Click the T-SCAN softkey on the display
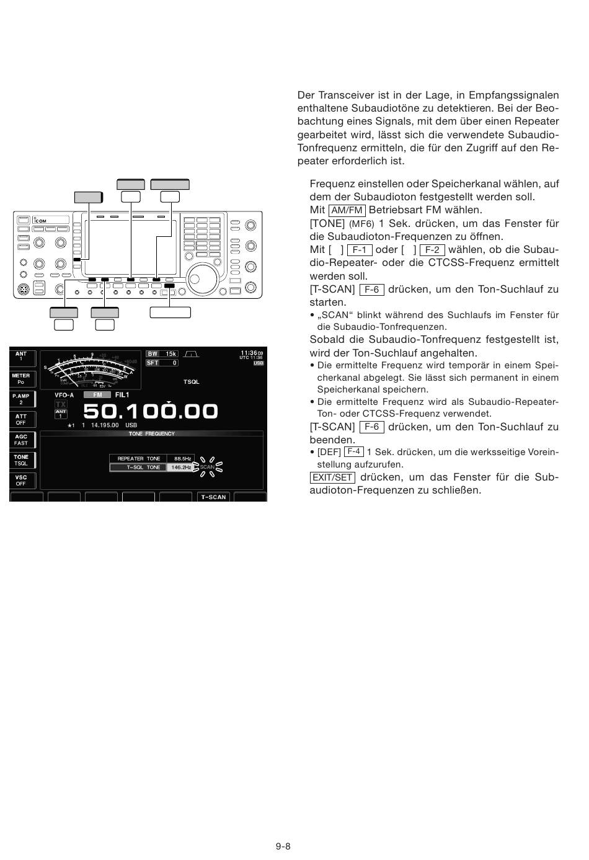click(x=213, y=497)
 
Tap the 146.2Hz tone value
click(x=181, y=468)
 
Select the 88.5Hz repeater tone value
click(x=182, y=459)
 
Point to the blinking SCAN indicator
click(x=207, y=468)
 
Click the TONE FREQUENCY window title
click(x=152, y=434)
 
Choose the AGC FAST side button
click(x=22, y=440)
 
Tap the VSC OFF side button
click(x=22, y=481)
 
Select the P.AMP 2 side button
click(x=22, y=399)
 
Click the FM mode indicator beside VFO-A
click(x=97, y=395)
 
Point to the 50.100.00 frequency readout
click(x=150, y=411)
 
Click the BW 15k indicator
click(x=162, y=354)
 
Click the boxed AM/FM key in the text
click(x=347, y=211)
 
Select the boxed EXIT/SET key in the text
click(x=332, y=478)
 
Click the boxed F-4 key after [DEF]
click(x=353, y=452)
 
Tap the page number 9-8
click(x=283, y=846)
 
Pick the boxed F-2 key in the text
click(x=432, y=250)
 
